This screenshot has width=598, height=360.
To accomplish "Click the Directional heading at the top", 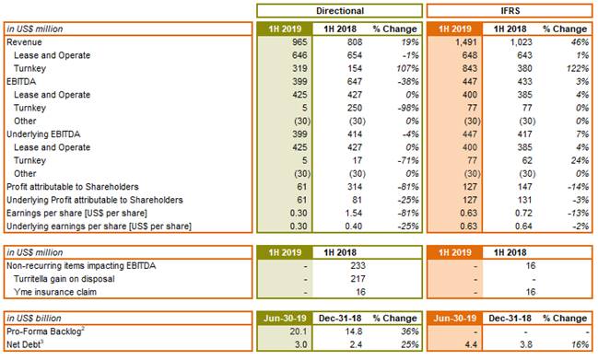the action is [340, 11].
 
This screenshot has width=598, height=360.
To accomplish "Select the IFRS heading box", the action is [510, 11].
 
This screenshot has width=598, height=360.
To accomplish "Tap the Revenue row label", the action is [24, 42].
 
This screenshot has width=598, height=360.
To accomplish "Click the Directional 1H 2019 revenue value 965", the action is [299, 42].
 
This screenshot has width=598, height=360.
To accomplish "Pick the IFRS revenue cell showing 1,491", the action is [466, 42].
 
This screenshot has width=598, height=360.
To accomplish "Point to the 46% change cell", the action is [580, 42].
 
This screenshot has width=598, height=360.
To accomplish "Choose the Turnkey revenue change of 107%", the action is [407, 68].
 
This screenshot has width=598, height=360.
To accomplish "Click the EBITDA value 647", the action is [355, 82].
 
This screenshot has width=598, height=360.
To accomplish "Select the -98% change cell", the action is [408, 108].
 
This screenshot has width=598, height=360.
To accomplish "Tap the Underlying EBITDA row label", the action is [43, 134].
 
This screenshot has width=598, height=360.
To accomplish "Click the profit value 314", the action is [355, 187].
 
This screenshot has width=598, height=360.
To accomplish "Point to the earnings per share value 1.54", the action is [353, 213].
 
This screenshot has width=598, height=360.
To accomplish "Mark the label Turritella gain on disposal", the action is [64, 279].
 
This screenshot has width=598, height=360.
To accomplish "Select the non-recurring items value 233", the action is [358, 265].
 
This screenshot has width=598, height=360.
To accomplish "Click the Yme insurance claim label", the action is [55, 292].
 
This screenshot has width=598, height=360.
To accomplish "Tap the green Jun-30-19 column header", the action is [285, 318].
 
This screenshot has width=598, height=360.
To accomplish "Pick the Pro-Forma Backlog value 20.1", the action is [299, 331].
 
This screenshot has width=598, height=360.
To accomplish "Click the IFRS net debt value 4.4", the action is [471, 344].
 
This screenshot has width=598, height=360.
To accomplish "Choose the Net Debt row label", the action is [25, 344].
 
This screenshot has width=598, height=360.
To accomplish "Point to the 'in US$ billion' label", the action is [34, 319].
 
